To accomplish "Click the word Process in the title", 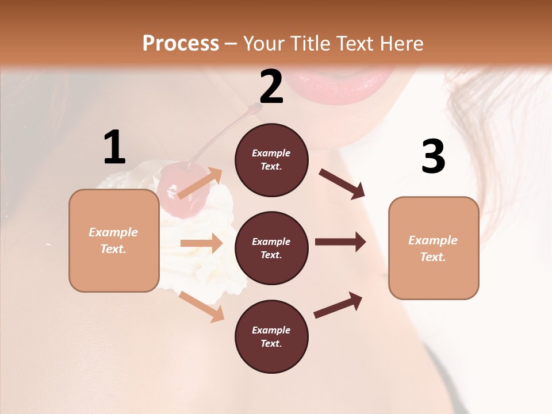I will [x=181, y=43].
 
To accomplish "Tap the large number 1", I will [x=114, y=148].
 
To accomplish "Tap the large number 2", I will [x=271, y=87].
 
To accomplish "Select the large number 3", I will [x=433, y=156].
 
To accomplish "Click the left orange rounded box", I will [x=114, y=240].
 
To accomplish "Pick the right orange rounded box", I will [x=434, y=248].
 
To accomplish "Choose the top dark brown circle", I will [x=271, y=160].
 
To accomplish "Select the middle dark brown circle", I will [x=271, y=248].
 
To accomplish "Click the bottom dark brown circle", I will [x=271, y=336].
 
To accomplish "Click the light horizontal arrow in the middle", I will [x=201, y=243].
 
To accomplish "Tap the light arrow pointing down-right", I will [x=201, y=306].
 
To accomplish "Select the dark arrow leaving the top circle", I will [x=342, y=184].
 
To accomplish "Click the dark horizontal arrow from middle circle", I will [x=340, y=242].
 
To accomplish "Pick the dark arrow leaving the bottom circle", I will [x=338, y=305].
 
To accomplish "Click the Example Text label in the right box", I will [x=433, y=248].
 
